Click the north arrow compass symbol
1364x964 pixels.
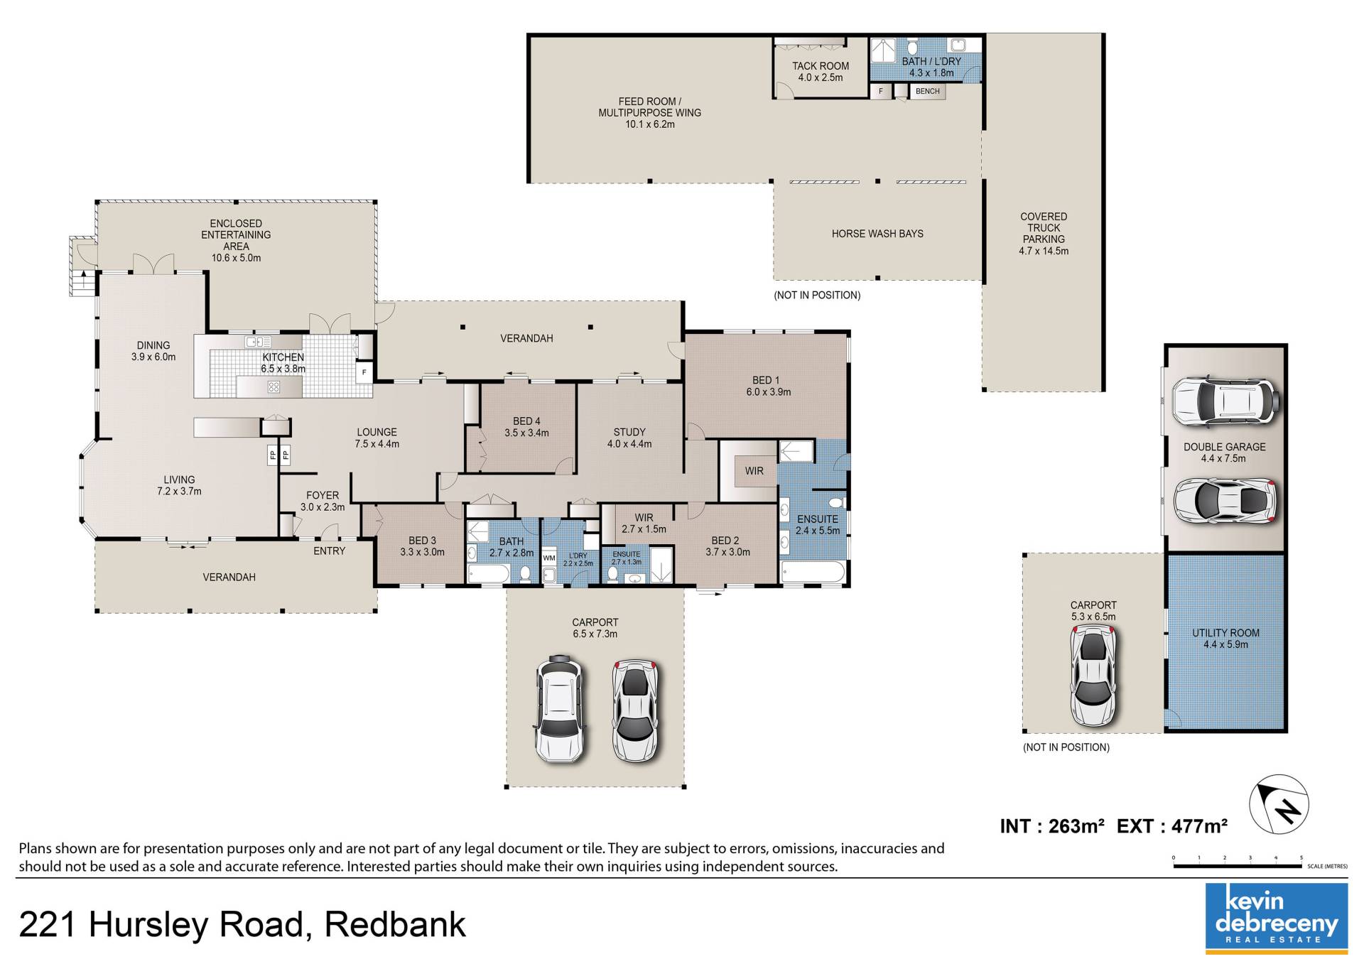pyautogui.click(x=1279, y=803)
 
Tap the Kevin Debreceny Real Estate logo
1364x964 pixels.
pyautogui.click(x=1277, y=916)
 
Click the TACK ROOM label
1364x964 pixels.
pyautogui.click(x=821, y=66)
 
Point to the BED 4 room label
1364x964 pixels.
pyautogui.click(x=526, y=421)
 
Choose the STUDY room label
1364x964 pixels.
pyautogui.click(x=629, y=432)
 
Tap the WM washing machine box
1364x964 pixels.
pyautogui.click(x=549, y=558)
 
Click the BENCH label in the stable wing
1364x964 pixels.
pyautogui.click(x=927, y=92)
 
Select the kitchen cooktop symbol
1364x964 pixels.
pyautogui.click(x=274, y=387)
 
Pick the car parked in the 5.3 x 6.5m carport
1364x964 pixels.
pyautogui.click(x=1093, y=676)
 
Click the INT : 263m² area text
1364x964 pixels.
pyautogui.click(x=1052, y=826)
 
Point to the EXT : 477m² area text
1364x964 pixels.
pyautogui.click(x=1172, y=826)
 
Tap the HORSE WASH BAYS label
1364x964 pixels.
pyautogui.click(x=877, y=234)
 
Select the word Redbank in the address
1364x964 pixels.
pyautogui.click(x=395, y=925)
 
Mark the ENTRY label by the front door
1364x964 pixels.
pyautogui.click(x=330, y=551)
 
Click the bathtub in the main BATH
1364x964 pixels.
pyautogui.click(x=488, y=573)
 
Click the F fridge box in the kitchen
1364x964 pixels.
pyautogui.click(x=364, y=372)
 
